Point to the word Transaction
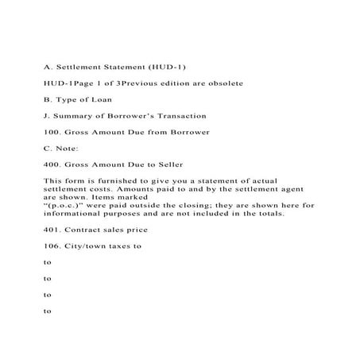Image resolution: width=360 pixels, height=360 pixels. [179, 115]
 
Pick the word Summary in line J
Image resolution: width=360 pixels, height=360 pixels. [73, 115]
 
